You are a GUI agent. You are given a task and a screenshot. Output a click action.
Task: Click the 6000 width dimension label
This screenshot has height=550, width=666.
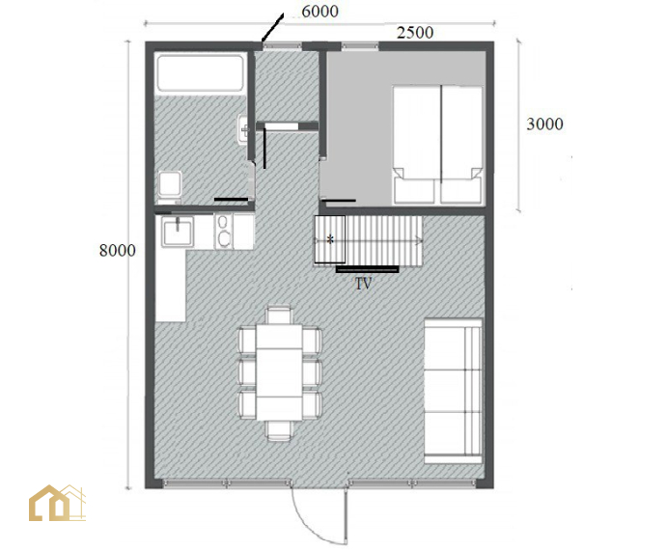[319, 11]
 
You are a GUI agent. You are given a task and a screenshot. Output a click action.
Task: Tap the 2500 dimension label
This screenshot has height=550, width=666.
[415, 33]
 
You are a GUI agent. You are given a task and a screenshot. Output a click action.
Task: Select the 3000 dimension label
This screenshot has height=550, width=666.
[545, 124]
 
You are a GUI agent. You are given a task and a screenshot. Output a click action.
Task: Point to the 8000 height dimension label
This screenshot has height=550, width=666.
[118, 251]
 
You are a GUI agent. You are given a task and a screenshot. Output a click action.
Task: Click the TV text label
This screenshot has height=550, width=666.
[363, 284]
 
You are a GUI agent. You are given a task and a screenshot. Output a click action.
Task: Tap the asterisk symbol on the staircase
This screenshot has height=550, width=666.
[330, 239]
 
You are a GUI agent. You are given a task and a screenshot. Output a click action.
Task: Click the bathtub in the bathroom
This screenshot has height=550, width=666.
[200, 72]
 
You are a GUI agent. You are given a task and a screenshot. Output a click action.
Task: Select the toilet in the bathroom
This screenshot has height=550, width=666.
[170, 187]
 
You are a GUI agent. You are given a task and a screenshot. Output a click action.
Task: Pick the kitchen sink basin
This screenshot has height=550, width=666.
[178, 232]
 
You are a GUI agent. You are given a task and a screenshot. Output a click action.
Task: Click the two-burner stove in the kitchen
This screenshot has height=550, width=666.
[223, 232]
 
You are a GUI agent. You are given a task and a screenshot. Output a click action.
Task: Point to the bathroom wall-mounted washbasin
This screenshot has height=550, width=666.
[243, 129]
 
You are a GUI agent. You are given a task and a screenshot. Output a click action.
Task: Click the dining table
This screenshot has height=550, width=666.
[279, 372]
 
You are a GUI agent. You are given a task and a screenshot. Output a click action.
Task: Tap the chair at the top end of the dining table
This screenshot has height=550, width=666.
[279, 316]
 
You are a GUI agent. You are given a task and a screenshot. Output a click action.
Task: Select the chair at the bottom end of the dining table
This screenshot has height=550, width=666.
[279, 429]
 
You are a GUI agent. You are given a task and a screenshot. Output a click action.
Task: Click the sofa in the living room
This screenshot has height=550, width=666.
[454, 391]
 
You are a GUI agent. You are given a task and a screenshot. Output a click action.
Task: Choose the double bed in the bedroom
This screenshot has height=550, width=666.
[438, 145]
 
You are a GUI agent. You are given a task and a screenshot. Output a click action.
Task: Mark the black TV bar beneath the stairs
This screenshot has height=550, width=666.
[368, 269]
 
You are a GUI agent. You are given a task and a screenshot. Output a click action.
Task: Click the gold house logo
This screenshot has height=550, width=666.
[57, 503]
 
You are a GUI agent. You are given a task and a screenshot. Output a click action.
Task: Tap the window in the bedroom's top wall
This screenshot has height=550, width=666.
[360, 46]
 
